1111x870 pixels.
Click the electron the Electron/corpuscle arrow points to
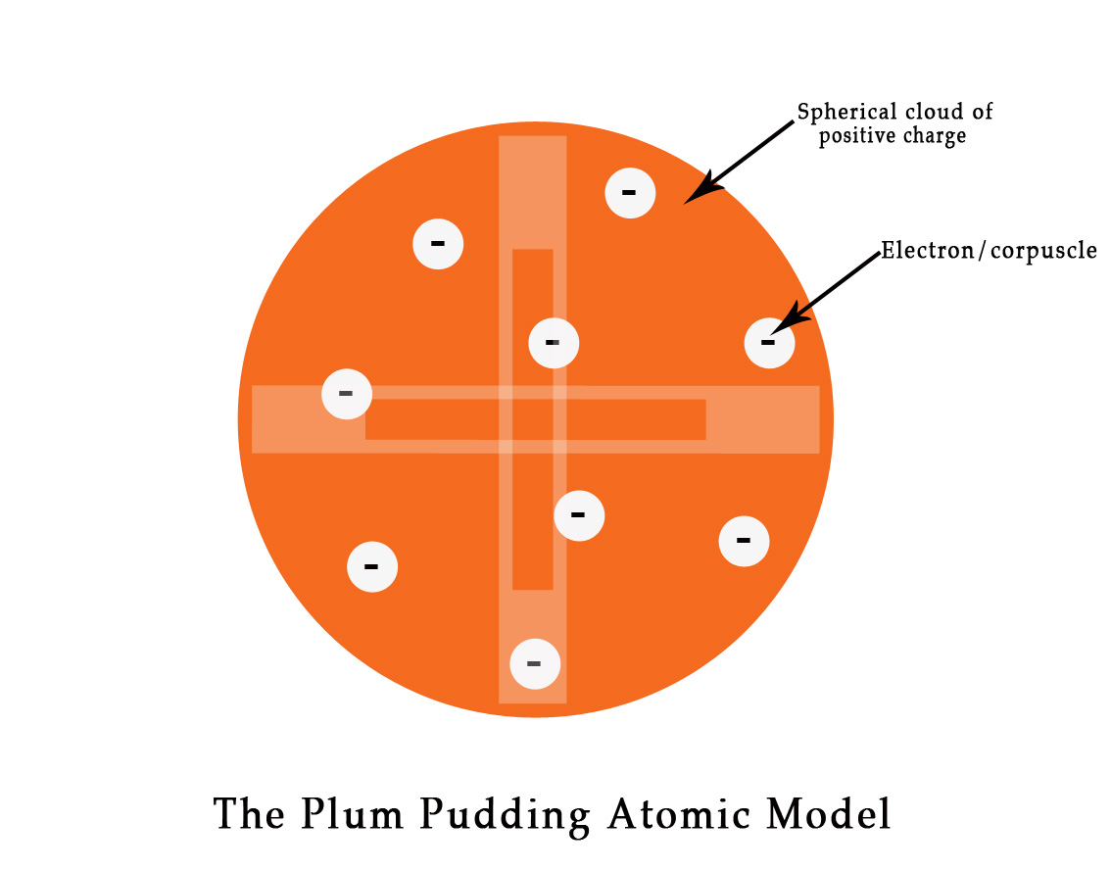[x=769, y=343]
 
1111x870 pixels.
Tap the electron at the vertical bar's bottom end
[x=535, y=663]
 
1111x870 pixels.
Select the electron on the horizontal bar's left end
[x=347, y=394]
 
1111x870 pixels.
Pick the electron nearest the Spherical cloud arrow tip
[x=630, y=193]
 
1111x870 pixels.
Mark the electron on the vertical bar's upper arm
[x=554, y=343]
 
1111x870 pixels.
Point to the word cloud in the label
[x=923, y=112]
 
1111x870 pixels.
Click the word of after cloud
[x=981, y=112]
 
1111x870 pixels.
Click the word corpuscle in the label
[x=1044, y=252]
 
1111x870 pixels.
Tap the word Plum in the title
[x=339, y=815]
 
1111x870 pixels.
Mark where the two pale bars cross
[x=533, y=419]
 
